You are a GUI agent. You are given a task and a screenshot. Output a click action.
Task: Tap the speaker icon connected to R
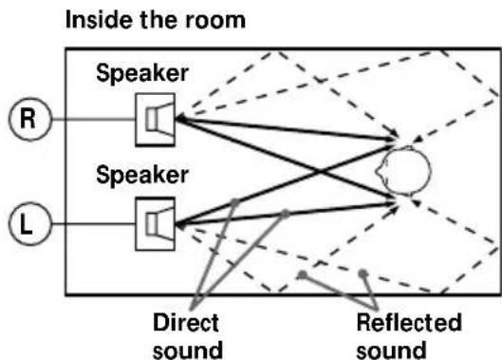click(155, 120)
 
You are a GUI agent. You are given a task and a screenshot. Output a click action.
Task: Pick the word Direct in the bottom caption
click(179, 323)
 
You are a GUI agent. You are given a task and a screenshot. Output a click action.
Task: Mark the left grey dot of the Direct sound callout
click(233, 201)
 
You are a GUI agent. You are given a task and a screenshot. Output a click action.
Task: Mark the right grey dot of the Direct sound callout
click(282, 214)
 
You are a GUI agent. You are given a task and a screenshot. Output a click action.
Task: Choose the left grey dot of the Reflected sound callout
click(301, 275)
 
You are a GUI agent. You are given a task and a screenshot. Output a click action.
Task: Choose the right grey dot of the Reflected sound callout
click(363, 275)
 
